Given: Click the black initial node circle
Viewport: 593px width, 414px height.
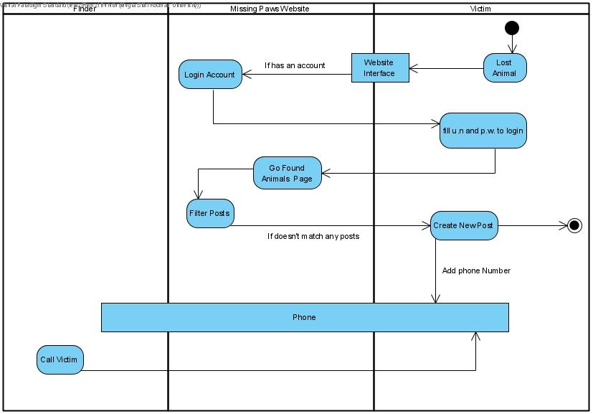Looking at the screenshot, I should click(x=511, y=28).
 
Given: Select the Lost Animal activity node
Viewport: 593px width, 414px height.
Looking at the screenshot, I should click(x=504, y=68).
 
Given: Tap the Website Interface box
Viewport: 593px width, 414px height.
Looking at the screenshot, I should click(x=379, y=68).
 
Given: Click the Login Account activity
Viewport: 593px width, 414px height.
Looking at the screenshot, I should click(x=210, y=74).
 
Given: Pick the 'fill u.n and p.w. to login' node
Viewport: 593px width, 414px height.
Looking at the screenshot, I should click(x=483, y=131).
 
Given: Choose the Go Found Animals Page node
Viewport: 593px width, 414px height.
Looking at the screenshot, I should click(x=287, y=173).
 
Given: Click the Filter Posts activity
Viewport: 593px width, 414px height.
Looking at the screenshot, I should click(x=210, y=213).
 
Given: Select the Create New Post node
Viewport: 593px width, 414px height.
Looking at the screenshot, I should click(x=463, y=225).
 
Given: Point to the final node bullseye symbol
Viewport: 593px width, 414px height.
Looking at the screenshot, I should click(x=574, y=225).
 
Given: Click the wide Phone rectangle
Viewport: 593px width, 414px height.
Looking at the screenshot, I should click(x=304, y=317).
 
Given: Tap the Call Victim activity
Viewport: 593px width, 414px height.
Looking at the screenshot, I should click(x=60, y=359).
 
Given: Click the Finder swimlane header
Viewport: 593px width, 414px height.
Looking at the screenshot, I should click(x=85, y=9).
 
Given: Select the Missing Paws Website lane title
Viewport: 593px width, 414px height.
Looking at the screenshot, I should click(x=270, y=9).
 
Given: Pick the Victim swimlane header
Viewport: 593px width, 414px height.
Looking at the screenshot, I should click(x=481, y=9).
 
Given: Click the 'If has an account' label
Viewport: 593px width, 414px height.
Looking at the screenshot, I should click(x=294, y=65).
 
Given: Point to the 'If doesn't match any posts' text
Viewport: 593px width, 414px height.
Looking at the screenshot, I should click(x=313, y=236).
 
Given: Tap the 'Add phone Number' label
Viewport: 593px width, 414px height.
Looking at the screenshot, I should click(x=477, y=270).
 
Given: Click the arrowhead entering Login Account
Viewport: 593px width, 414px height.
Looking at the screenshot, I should click(x=247, y=73).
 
